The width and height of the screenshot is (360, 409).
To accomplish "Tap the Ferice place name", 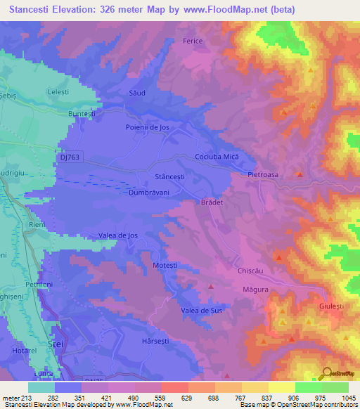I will tap(193, 41).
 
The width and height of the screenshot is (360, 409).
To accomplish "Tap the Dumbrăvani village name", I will tap(149, 191).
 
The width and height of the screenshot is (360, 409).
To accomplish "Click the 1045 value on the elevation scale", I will tap(345, 398).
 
